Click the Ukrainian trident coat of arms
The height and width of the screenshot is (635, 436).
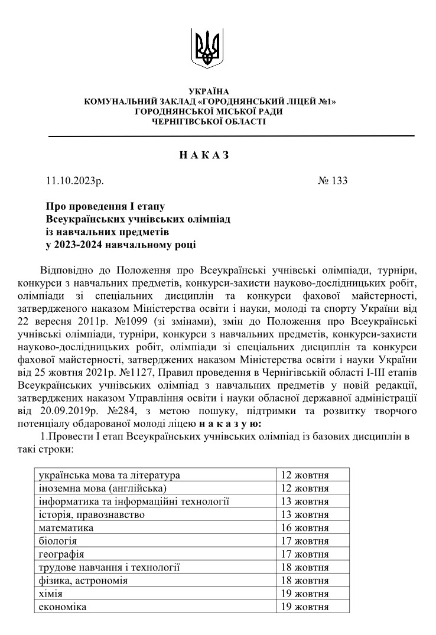tap(208, 48)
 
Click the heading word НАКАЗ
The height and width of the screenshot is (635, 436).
tap(204, 155)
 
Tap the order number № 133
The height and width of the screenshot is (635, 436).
tap(332, 181)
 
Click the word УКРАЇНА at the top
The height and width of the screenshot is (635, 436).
tap(208, 92)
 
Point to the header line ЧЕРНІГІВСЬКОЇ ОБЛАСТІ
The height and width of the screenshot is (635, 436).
tap(209, 121)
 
